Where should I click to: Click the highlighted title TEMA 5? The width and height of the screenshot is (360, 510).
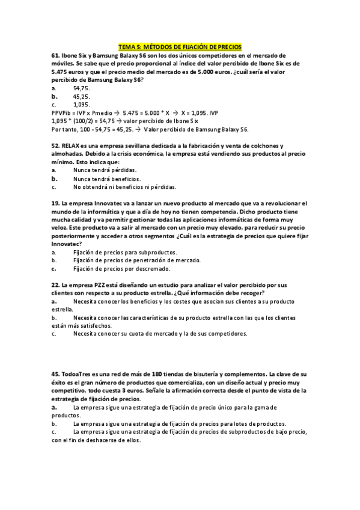[x=180, y=46]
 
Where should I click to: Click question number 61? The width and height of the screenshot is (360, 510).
[x=56, y=55]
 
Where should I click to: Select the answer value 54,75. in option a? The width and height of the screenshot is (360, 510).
[x=81, y=88]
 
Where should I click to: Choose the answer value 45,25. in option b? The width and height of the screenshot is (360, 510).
[x=81, y=96]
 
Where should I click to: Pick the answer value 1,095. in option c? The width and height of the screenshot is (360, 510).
[x=81, y=104]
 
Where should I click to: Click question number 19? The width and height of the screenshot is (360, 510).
[x=56, y=203]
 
